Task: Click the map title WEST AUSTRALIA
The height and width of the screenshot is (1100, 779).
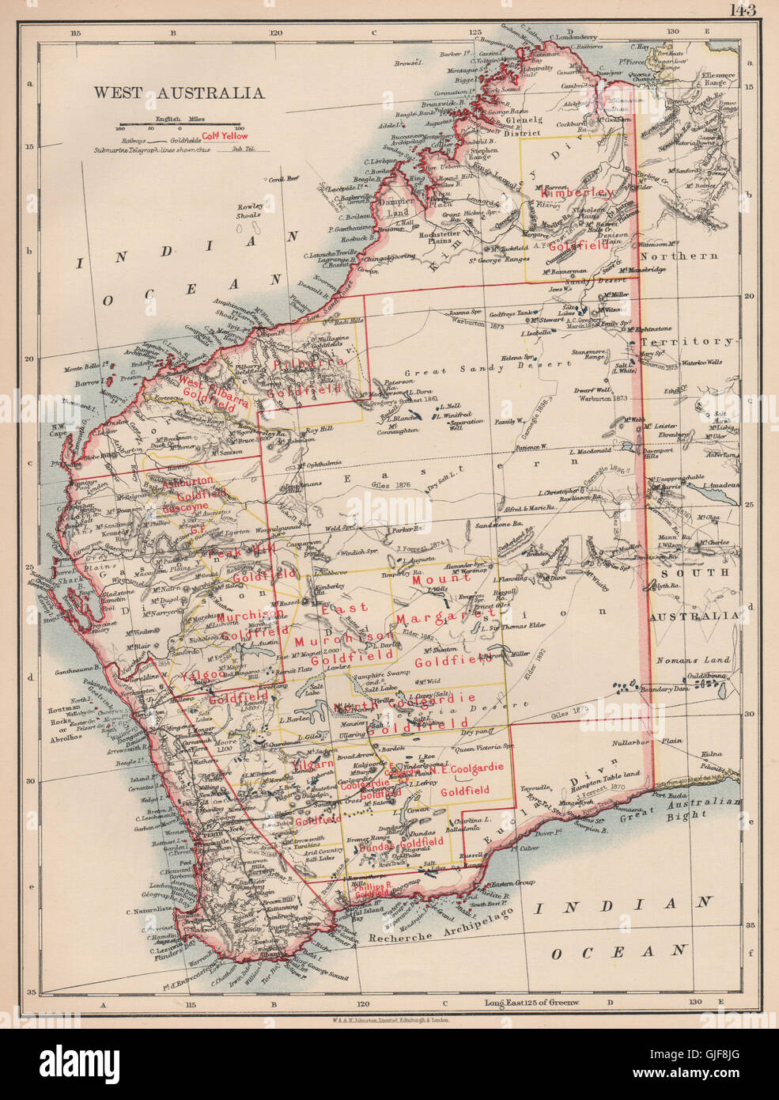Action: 179,93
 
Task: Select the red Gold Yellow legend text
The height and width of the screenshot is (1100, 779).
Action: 225,136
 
